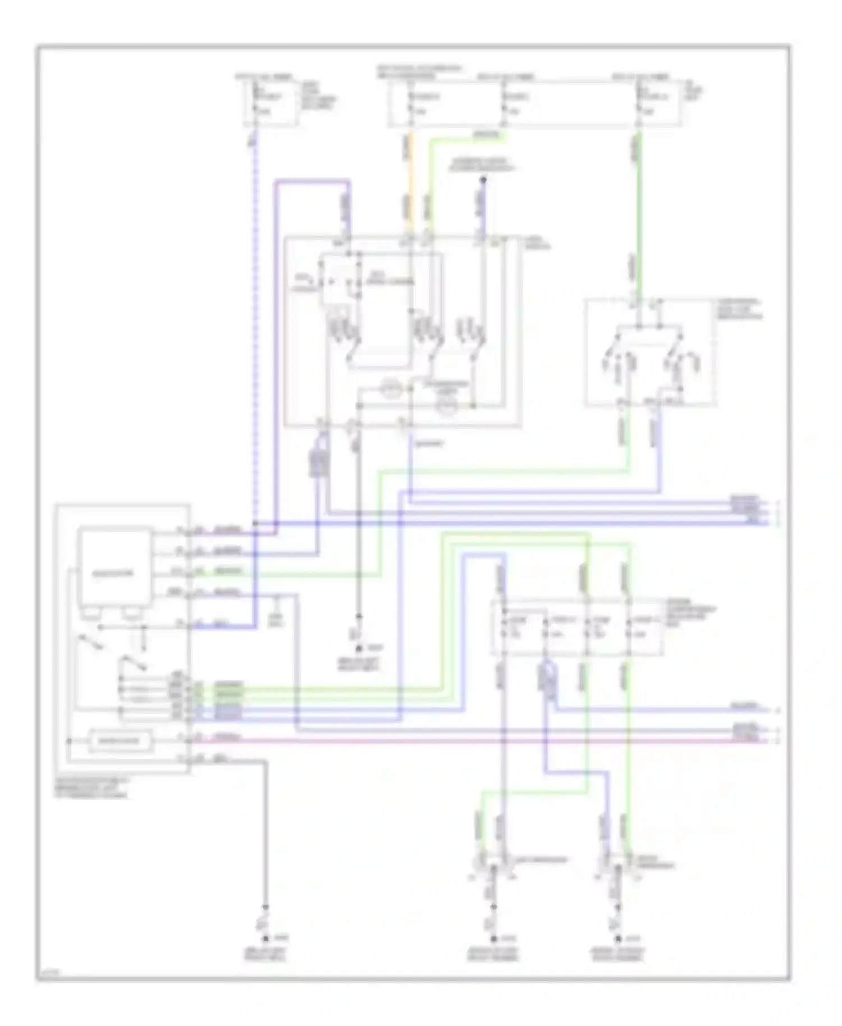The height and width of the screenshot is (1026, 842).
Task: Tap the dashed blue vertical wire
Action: click(x=254, y=337)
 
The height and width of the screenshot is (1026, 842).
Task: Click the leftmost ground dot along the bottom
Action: click(x=266, y=938)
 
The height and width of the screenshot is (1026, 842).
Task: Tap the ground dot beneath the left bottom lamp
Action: click(x=494, y=938)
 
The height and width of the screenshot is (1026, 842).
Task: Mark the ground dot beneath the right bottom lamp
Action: click(x=617, y=938)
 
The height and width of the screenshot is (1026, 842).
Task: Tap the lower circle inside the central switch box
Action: click(x=447, y=406)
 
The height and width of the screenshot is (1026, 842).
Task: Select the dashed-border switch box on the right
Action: click(x=650, y=352)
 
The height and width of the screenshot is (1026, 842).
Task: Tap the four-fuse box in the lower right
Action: click(x=577, y=627)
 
